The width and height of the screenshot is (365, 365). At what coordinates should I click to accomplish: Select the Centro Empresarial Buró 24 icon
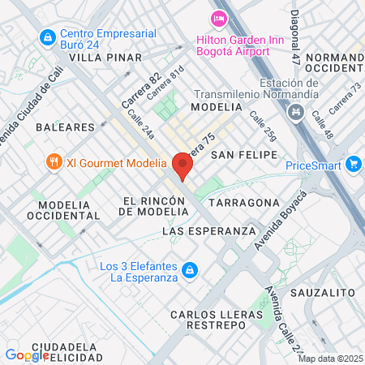47,36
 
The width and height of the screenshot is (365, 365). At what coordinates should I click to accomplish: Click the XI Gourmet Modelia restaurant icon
54,161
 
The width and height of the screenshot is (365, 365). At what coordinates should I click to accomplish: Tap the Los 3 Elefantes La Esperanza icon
189,269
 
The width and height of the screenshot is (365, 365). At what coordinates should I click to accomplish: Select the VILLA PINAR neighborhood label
105,58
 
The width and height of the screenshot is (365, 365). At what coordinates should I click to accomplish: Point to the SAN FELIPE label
243,154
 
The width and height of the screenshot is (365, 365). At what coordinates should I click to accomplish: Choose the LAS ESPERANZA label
209,231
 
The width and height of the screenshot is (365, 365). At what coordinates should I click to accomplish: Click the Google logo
27,354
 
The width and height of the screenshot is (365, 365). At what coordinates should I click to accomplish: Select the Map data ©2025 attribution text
329,359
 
